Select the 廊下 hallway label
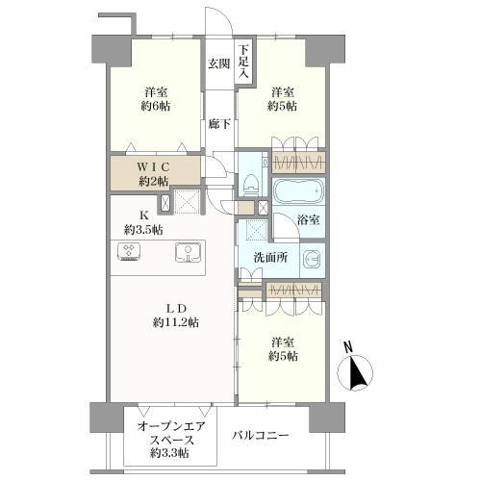coord(219,124)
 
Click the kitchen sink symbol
coord(188,252)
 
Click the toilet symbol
coord(252,176)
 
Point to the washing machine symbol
coord(312,259)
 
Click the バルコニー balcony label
coord(261,435)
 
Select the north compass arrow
coord(358,373)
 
